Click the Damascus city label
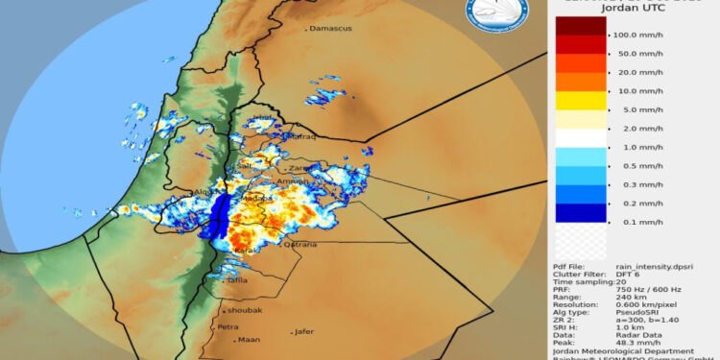[x=330, y=28]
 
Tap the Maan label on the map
[x=250, y=340]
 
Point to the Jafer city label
[x=304, y=332]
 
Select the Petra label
[x=228, y=326]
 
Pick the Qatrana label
[x=306, y=245]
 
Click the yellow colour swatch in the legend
[x=580, y=100]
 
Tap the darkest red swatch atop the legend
[x=580, y=25]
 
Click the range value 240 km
[x=627, y=298]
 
